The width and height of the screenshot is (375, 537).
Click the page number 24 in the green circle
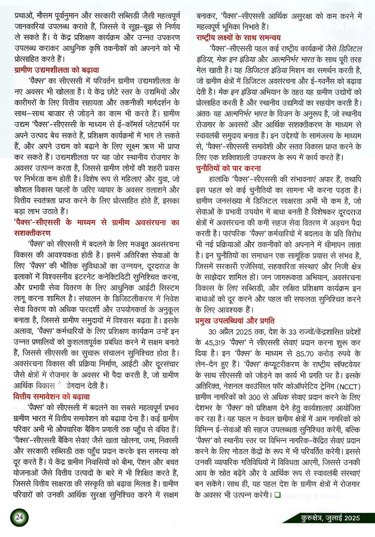(x=19, y=517)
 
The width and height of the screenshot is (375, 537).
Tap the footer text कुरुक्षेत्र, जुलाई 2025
(x=330, y=518)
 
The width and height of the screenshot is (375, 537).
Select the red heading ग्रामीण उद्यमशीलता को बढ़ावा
(x=57, y=70)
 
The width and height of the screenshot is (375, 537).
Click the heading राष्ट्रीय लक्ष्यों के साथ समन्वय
(x=238, y=38)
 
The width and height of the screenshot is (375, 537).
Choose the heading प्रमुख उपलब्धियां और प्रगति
(x=235, y=321)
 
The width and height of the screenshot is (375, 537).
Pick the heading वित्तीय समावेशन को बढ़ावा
(x=51, y=397)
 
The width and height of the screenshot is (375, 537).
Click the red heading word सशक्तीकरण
(x=32, y=233)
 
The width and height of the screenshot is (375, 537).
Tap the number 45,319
(x=215, y=342)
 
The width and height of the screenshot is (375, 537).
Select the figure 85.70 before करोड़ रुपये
(x=304, y=353)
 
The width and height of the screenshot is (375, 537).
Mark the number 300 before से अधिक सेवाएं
(x=254, y=397)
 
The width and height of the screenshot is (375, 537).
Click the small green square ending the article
(x=277, y=495)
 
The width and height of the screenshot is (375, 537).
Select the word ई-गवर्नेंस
(x=317, y=81)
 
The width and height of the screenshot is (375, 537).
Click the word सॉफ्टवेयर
(x=343, y=364)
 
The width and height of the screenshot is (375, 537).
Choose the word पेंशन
(x=129, y=462)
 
